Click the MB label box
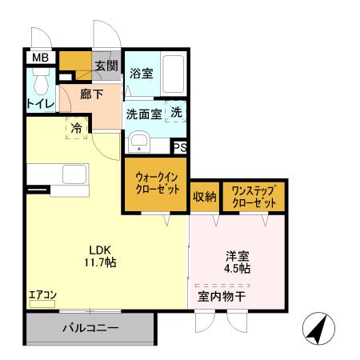pyautogui.click(x=38, y=58)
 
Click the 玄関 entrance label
pyautogui.click(x=106, y=66)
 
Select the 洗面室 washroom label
pyautogui.click(x=144, y=114)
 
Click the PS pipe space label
pyautogui.click(x=181, y=147)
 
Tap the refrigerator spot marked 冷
pyautogui.click(x=76, y=128)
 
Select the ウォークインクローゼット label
pyautogui.click(x=155, y=186)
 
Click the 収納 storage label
pyautogui.click(x=204, y=196)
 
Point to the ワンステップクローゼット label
pyautogui.click(x=253, y=197)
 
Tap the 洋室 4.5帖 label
pyautogui.click(x=237, y=262)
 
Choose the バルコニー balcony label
pyautogui.click(x=90, y=328)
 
